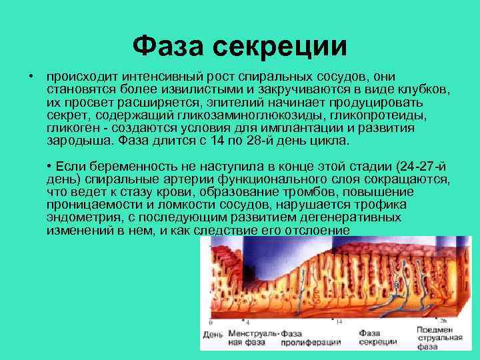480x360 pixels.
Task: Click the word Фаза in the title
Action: point(169,46)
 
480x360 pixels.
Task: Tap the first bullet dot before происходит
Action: point(31,77)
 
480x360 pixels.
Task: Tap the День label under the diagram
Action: point(213,333)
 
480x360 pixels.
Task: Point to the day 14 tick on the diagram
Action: point(339,321)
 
